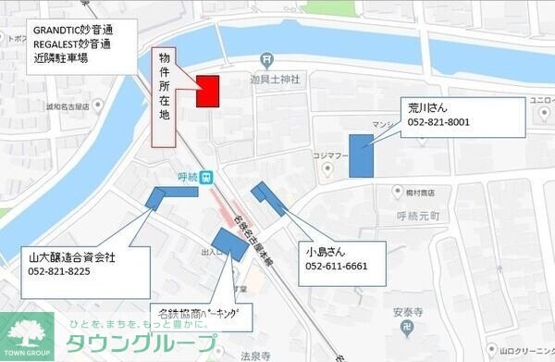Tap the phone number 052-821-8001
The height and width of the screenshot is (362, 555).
coord(438,122)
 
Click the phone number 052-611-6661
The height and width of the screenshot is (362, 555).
coord(337,266)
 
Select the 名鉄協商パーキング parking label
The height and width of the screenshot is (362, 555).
coord(201,315)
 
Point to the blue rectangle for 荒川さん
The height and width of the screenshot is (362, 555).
coord(362,156)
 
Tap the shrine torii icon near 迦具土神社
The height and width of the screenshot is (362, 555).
coord(266,61)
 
